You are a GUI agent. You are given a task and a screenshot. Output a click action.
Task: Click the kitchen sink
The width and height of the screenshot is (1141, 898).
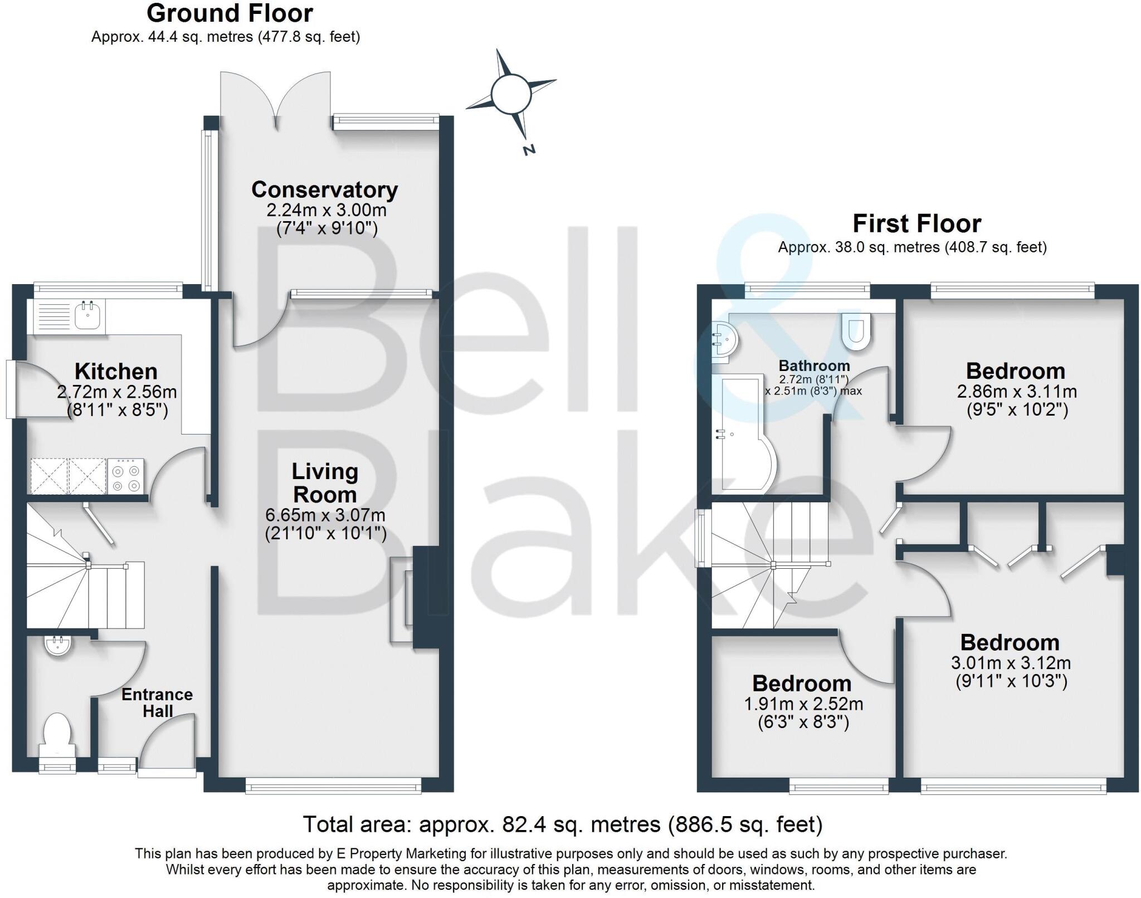click(x=87, y=316)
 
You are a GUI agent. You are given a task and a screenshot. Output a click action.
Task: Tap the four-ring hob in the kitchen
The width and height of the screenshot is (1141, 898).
click(x=125, y=477)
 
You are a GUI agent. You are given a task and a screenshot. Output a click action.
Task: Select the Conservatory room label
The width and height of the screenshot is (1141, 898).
click(x=324, y=190)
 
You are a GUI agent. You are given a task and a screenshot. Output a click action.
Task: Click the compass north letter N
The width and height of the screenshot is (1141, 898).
click(x=529, y=149)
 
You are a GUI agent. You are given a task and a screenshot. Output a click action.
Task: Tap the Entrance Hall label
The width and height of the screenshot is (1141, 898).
click(x=157, y=702)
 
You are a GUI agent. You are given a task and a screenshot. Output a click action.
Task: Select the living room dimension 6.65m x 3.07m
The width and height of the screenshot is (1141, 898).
click(x=325, y=515)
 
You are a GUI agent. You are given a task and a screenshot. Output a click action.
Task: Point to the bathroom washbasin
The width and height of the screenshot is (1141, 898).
click(x=725, y=339)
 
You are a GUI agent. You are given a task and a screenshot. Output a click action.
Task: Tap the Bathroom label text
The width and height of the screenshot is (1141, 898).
click(x=814, y=366)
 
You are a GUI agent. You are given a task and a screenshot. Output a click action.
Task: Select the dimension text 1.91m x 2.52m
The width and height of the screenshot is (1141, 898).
click(x=803, y=704)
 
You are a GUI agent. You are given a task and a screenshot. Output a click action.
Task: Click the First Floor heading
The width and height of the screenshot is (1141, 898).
click(x=916, y=224)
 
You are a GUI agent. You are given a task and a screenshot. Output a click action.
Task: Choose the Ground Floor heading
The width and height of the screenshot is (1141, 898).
click(x=230, y=13)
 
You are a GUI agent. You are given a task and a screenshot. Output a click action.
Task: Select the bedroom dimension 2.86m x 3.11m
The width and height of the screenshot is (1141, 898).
click(x=1017, y=392)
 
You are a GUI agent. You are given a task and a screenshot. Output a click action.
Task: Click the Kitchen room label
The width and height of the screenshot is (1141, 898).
click(x=116, y=372)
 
